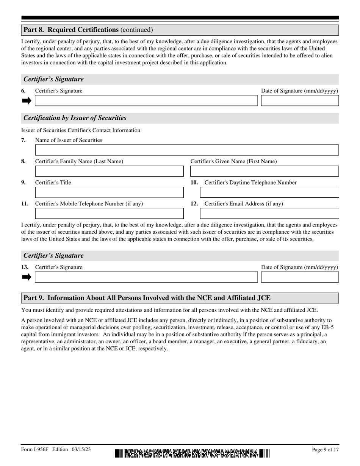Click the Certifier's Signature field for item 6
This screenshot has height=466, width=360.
click(146, 101)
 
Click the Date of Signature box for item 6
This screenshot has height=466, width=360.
click(300, 101)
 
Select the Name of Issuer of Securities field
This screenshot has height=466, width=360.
click(187, 150)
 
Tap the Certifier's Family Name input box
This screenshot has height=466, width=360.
click(109, 171)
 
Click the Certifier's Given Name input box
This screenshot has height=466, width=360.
click(265, 171)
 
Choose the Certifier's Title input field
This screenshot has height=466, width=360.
click(109, 192)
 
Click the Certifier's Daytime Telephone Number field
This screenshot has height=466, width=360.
click(269, 192)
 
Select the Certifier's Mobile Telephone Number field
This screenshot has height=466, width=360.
click(109, 214)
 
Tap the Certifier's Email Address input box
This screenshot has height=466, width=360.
click(269, 214)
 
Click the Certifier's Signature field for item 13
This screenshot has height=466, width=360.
click(146, 277)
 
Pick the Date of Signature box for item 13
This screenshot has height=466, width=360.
click(300, 277)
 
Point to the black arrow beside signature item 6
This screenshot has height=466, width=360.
click(27, 101)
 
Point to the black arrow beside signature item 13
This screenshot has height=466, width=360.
click(27, 277)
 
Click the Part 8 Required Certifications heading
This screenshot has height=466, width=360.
click(88, 30)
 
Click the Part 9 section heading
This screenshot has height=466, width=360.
click(147, 298)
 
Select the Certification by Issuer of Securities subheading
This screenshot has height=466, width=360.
click(75, 118)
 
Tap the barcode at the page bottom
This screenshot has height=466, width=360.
click(192, 453)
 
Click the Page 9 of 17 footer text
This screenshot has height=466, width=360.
click(325, 450)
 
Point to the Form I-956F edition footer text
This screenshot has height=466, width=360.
click(56, 450)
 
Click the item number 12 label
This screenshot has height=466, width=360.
click(194, 204)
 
